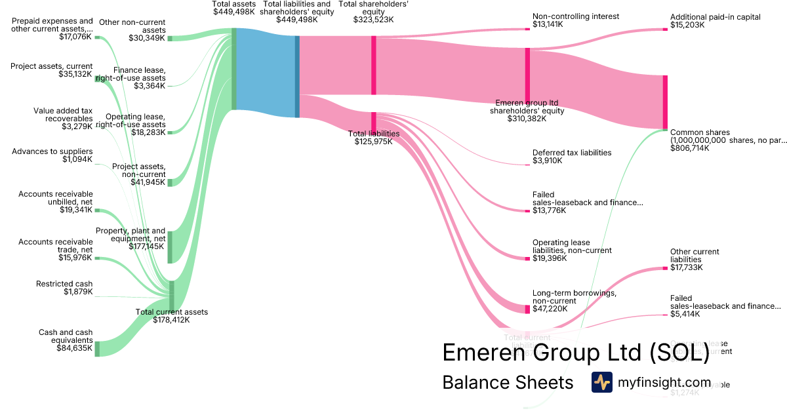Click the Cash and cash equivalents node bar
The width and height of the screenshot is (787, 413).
pos(97,349)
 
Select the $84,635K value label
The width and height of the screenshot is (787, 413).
pos(75,348)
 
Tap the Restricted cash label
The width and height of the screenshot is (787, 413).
pos(64,284)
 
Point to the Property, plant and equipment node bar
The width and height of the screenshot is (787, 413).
pos(170,246)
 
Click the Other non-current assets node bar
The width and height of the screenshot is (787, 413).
pos(170,38)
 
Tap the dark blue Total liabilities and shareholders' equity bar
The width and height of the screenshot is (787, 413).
pos(297,77)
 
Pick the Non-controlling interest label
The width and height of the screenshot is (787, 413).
pos(576,16)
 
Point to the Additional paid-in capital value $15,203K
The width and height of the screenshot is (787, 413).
pos(687,25)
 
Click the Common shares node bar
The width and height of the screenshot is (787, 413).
pos(665,102)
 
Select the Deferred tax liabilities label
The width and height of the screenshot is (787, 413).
pos(572,153)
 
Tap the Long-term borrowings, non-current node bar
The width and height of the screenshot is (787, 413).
pos(527,309)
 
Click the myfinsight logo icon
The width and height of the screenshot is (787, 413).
pos(601,382)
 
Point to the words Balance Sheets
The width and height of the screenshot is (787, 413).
pos(508,382)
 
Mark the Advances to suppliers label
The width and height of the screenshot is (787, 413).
pos(52,151)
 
